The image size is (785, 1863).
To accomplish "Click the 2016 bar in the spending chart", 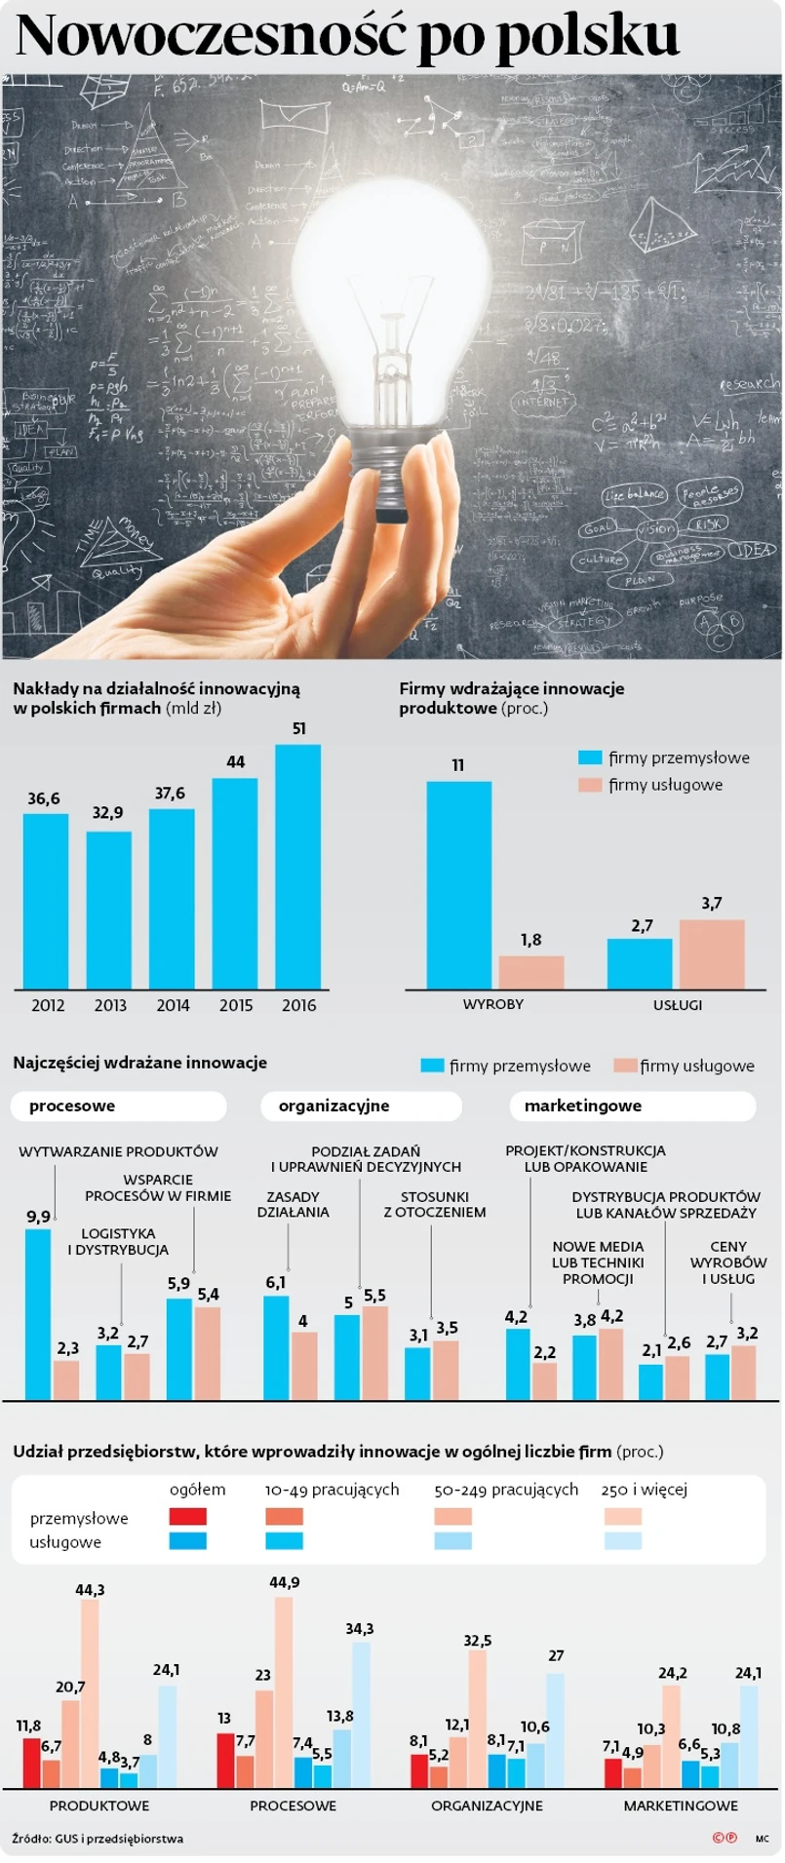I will pyautogui.click(x=297, y=867).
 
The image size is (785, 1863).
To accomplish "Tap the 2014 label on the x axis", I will pyautogui.click(x=173, y=1005).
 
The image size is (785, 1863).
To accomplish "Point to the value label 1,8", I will pyautogui.click(x=530, y=940).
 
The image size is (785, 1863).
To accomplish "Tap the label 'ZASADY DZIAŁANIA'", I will pyautogui.click(x=293, y=1204).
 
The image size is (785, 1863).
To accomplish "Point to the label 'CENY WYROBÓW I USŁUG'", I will pyautogui.click(x=727, y=1262).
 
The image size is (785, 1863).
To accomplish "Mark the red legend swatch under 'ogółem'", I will pyautogui.click(x=188, y=1517).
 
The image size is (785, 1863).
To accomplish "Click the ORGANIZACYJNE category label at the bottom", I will pyautogui.click(x=487, y=1805).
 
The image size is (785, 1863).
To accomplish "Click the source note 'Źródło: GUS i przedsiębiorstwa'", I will pyautogui.click(x=98, y=1839).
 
